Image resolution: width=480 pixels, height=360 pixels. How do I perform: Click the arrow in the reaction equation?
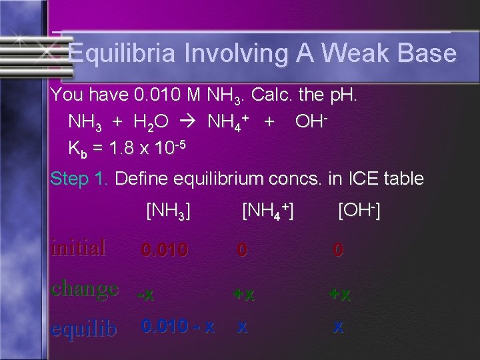coord(195,123)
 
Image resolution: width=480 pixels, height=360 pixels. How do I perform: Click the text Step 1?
coord(81,179)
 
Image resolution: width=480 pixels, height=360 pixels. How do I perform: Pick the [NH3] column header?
coord(168,212)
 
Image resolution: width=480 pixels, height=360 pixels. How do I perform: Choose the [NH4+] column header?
coord(268,212)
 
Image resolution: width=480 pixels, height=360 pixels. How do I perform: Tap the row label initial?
coord(79,248)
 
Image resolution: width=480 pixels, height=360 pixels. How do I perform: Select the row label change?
coord(85,289)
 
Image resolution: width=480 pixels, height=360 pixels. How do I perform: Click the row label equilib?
coord(83,329)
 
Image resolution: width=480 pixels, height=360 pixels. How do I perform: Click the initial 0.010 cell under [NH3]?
coord(164,251)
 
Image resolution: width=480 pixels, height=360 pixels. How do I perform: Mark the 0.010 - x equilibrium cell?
coord(177,327)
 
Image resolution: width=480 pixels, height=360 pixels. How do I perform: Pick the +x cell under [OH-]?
coord(339,294)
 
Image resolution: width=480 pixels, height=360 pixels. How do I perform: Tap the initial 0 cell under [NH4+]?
coord(243,251)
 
